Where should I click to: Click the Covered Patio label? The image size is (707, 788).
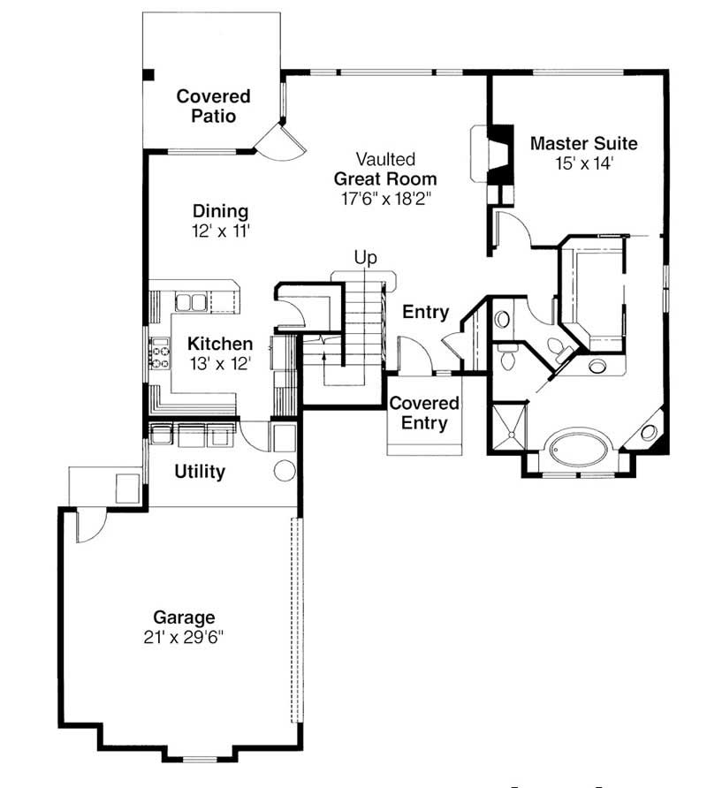212,106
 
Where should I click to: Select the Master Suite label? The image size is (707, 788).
583,143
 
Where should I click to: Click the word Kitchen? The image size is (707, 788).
220,344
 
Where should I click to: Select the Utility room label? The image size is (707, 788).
199,472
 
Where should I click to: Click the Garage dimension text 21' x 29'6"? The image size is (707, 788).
184,637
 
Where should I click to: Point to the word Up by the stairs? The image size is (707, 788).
365,258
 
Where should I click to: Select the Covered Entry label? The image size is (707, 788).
424,413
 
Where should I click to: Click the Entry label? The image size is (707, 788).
426,312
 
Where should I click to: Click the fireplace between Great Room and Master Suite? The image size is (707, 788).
499,155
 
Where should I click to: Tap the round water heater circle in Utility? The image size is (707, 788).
284,470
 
